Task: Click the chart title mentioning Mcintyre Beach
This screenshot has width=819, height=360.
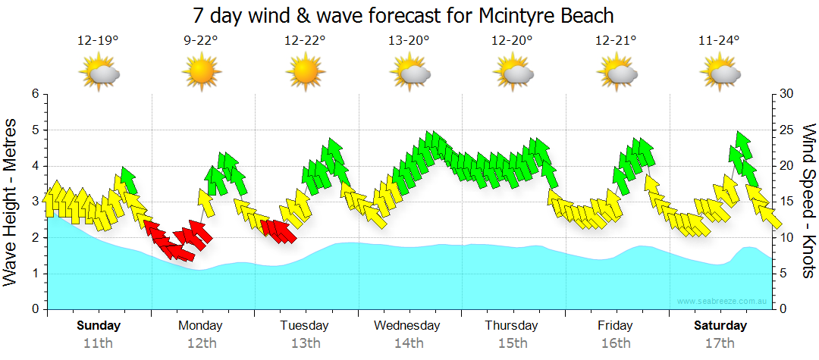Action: pos(403,15)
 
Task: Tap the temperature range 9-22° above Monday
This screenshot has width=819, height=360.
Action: pos(201,40)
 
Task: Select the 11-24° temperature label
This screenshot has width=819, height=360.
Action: pos(719,40)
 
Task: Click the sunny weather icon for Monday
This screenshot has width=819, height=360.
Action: pos(201,73)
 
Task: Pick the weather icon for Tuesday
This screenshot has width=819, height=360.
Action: pos(305,73)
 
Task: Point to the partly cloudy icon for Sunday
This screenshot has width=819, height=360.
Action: pos(99,73)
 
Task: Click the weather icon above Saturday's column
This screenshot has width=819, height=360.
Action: pos(719,73)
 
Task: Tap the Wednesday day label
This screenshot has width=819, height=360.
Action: pos(407,326)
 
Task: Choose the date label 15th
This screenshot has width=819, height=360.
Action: pos(513,343)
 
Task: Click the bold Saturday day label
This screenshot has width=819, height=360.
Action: pos(720,326)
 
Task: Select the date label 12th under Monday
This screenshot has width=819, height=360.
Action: pos(201,343)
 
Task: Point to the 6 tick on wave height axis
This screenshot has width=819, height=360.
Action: pos(34,94)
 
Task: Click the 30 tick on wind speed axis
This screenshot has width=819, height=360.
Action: pos(786,94)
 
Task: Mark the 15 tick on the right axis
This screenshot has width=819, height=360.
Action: pos(786,202)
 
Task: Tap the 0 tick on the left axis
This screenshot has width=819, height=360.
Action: pos(34,309)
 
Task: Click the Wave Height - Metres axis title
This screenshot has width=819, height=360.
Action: pos(12,202)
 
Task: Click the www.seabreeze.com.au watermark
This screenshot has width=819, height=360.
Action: pos(723,302)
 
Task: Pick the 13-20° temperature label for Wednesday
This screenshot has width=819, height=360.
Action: pos(409,40)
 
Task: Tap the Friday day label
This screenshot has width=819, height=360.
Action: pos(615,326)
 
